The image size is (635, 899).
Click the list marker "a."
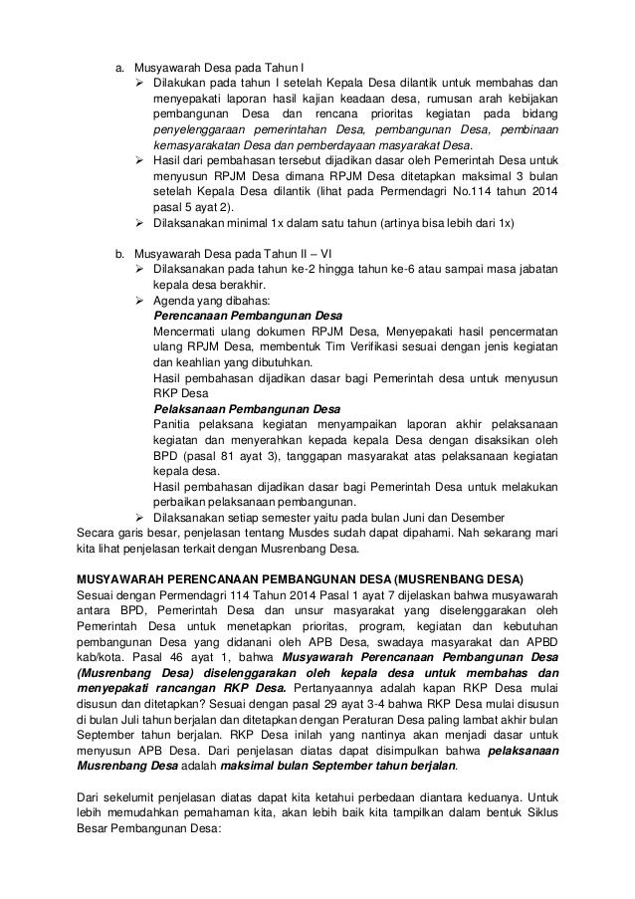point(115,68)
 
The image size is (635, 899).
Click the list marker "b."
point(115,253)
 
